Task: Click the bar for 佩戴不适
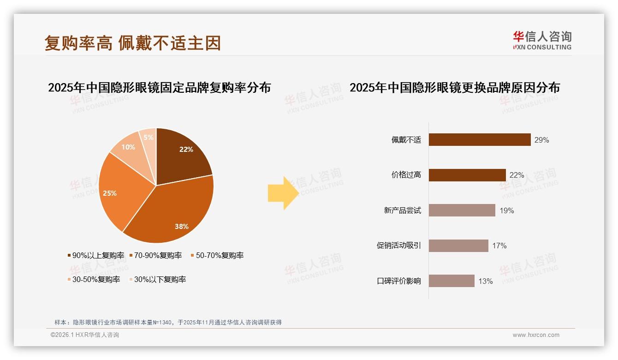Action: coord(480,140)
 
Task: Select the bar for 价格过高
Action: coord(467,175)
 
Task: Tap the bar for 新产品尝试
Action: coord(462,210)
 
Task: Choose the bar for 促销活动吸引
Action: coord(458,246)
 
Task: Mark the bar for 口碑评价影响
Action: coord(452,281)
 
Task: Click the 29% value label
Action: coord(541,140)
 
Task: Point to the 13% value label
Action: coord(485,281)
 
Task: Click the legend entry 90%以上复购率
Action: coord(96,255)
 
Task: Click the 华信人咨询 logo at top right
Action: coord(542,40)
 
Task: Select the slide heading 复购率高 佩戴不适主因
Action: coord(133,43)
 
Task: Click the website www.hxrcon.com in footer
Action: coord(536,335)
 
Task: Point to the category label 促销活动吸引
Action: coord(398,246)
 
